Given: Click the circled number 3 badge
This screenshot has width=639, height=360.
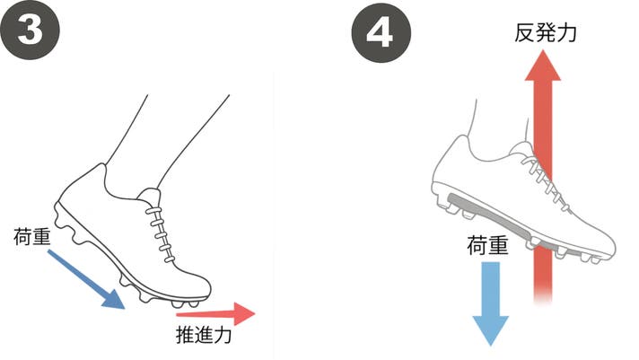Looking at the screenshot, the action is pyautogui.click(x=30, y=31).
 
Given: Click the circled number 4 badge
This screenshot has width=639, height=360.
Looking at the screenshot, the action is pyautogui.click(x=381, y=33).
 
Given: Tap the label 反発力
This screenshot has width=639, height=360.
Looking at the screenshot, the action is pyautogui.click(x=545, y=32).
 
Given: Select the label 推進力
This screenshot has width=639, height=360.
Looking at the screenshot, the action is pyautogui.click(x=204, y=335).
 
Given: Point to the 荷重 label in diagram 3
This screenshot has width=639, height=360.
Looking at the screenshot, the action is pyautogui.click(x=31, y=236).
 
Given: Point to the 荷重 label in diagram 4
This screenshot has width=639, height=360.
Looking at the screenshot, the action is pyautogui.click(x=487, y=245).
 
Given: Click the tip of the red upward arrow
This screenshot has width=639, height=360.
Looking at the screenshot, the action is pyautogui.click(x=542, y=50).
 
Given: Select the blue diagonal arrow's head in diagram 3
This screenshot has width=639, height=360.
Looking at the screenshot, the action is pyautogui.click(x=114, y=300).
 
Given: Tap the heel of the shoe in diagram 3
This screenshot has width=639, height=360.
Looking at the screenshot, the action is pyautogui.click(x=60, y=203).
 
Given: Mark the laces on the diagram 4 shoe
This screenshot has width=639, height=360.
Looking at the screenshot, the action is pyautogui.click(x=545, y=180).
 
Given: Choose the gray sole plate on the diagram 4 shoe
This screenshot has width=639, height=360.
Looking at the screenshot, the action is pyautogui.click(x=510, y=223).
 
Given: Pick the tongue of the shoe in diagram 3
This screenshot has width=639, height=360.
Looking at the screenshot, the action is pyautogui.click(x=151, y=196).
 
